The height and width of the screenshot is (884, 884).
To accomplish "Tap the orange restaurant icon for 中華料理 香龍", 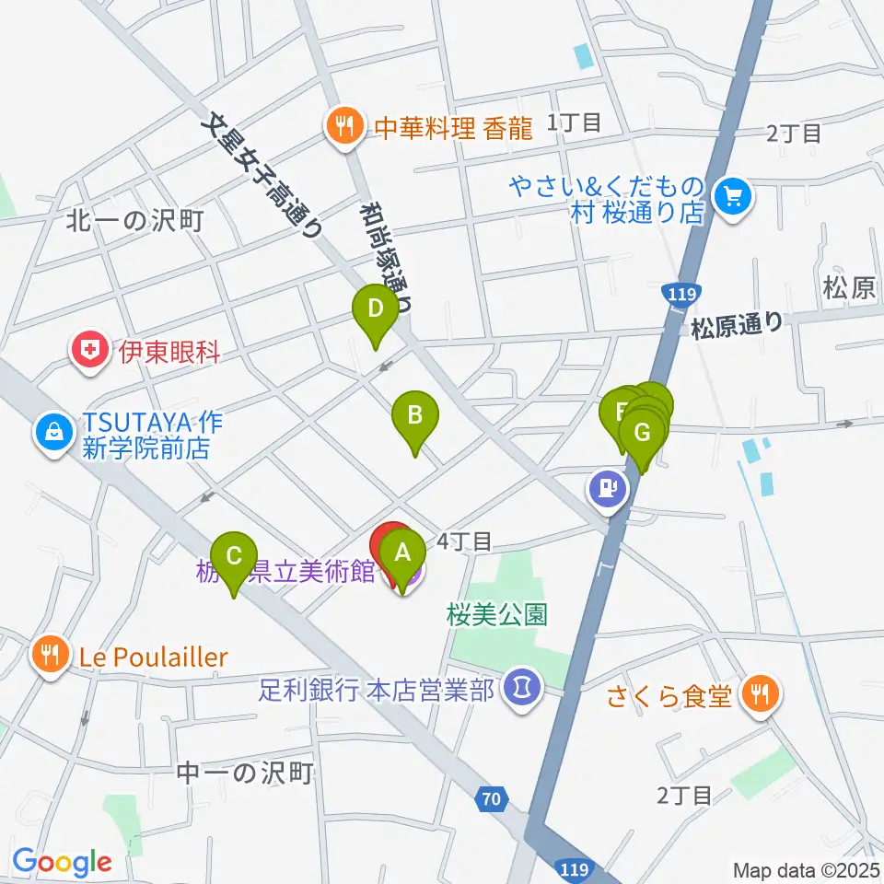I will (x=344, y=128).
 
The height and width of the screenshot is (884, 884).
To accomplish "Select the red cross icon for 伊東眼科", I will (x=90, y=350).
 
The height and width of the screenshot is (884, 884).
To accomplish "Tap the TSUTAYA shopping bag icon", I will (x=53, y=431).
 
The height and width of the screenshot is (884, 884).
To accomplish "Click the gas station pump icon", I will (x=606, y=486).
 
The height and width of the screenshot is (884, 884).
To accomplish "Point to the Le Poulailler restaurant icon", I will (x=50, y=656).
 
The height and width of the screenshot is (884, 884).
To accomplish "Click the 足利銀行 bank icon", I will (x=522, y=688).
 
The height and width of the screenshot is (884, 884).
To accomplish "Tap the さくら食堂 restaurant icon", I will (x=761, y=693).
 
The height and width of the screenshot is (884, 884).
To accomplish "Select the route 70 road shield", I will (x=494, y=798).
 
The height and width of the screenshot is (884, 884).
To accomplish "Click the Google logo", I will (x=62, y=862).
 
